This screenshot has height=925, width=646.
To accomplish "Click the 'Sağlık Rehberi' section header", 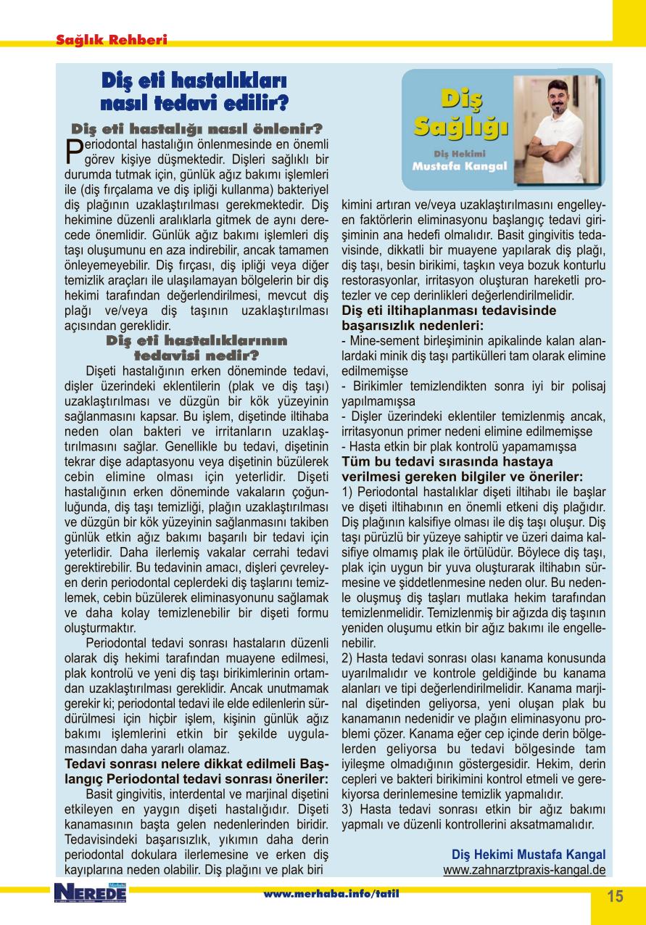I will click(x=112, y=41).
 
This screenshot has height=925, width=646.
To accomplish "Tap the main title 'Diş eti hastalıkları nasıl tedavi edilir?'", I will click(x=194, y=91).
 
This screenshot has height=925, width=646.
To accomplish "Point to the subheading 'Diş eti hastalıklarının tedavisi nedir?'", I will click(x=196, y=348).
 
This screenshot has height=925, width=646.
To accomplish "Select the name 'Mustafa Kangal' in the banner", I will click(x=460, y=166).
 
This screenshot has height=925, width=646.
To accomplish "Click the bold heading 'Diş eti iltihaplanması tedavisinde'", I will click(x=449, y=310).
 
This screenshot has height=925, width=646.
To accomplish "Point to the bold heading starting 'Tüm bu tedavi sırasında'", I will click(x=447, y=461).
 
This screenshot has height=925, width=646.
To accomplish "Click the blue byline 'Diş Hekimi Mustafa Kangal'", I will click(x=528, y=854).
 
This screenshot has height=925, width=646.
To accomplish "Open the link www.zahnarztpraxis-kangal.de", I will click(x=524, y=868).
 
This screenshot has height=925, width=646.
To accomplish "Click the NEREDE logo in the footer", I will click(x=89, y=894).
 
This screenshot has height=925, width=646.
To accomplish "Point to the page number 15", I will click(x=615, y=896).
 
